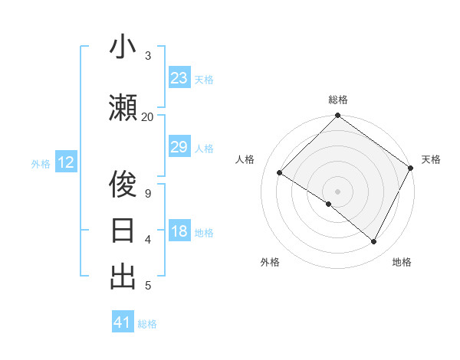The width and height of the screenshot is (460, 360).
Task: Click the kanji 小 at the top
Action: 123,47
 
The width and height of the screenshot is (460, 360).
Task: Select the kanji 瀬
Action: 123,107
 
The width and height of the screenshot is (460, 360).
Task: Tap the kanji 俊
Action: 123,184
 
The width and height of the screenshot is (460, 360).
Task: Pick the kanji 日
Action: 123,231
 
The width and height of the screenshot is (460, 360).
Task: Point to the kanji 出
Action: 123,277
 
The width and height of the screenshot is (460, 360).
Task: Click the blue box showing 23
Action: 179,78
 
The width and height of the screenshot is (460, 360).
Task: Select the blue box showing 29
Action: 179,147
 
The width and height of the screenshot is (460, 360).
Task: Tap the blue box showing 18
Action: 179,232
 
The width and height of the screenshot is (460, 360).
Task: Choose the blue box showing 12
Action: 66,162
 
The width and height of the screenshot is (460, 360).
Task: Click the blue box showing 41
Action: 123,322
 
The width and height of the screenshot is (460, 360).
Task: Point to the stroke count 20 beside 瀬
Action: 147,116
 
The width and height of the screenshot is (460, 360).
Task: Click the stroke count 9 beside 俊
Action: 147,193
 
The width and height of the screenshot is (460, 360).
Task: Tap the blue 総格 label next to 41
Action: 147,323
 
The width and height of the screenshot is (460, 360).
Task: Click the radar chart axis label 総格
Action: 337,100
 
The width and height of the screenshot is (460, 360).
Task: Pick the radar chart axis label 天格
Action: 431,159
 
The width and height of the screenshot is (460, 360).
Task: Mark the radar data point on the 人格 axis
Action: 280,173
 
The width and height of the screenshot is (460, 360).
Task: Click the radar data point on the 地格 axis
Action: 374,241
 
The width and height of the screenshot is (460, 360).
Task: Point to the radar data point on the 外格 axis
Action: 329,204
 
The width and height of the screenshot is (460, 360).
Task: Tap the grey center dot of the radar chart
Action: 337,191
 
